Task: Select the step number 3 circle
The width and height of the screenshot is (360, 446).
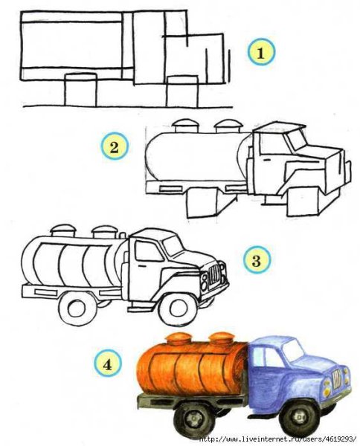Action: point(255,260)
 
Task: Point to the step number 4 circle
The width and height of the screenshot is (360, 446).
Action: point(109,364)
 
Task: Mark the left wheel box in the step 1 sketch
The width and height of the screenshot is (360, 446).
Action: point(80,89)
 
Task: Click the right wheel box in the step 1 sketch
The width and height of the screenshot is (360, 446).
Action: point(181,91)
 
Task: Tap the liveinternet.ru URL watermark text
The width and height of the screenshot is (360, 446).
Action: point(278,439)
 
